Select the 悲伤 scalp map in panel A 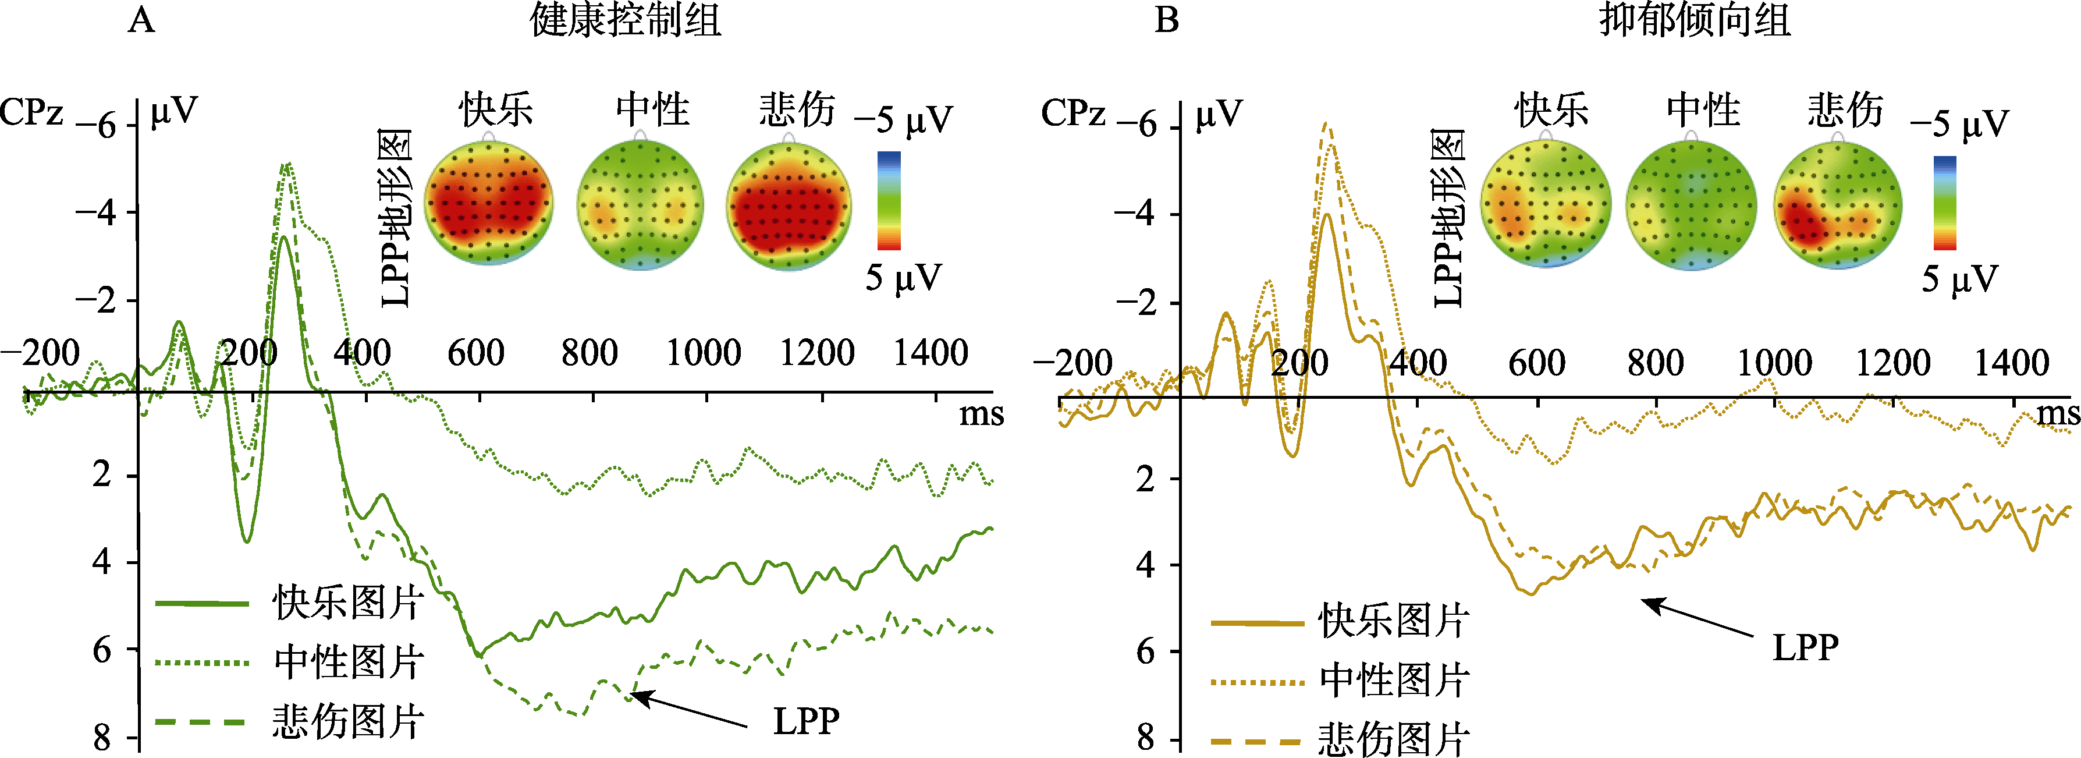(789, 206)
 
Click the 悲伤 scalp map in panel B (1837, 206)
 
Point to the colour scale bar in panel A (889, 200)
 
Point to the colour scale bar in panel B (1944, 203)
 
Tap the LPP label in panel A (806, 721)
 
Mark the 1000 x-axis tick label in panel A (704, 353)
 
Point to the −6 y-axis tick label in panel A (97, 126)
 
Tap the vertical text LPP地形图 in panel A (396, 218)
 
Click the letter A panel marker (141, 19)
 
